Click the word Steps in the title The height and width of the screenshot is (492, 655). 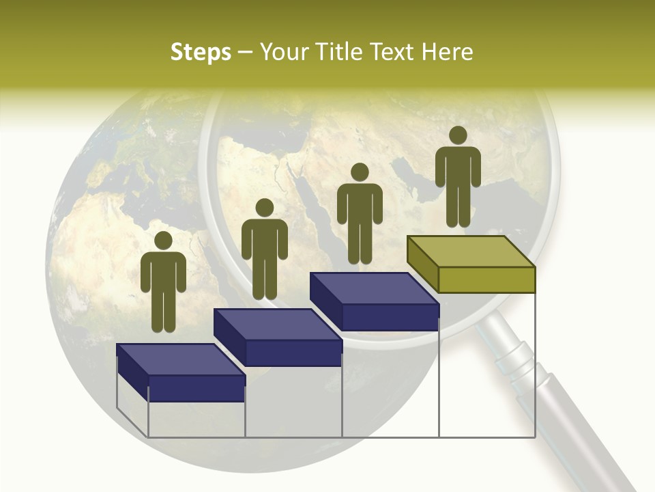click(x=201, y=53)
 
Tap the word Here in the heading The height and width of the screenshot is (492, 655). click(x=447, y=52)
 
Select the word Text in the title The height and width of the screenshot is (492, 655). click(x=392, y=52)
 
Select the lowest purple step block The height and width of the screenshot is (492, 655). click(x=181, y=372)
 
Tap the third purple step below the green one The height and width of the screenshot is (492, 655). click(x=374, y=301)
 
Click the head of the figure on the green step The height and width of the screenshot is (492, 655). click(x=458, y=135)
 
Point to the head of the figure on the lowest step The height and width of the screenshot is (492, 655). click(x=163, y=241)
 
